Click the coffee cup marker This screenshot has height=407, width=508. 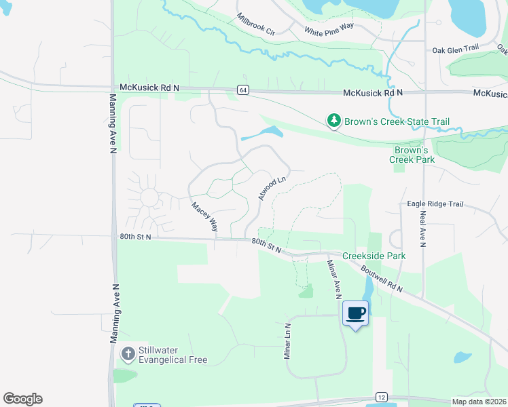tap(356, 313)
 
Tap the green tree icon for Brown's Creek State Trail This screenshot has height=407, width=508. tap(333, 121)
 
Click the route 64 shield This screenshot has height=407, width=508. tap(242, 90)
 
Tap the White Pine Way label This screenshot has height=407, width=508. tap(329, 31)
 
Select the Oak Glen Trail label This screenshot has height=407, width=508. tap(456, 49)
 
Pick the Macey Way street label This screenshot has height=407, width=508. tap(204, 216)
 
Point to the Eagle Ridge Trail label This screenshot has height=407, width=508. tap(435, 203)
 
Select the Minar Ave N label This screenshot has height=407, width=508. tap(333, 279)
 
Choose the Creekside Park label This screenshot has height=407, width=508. tap(374, 256)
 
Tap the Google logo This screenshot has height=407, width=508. tap(22, 399)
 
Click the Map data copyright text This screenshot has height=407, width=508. tap(479, 402)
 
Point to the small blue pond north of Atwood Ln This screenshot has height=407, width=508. tap(265, 132)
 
